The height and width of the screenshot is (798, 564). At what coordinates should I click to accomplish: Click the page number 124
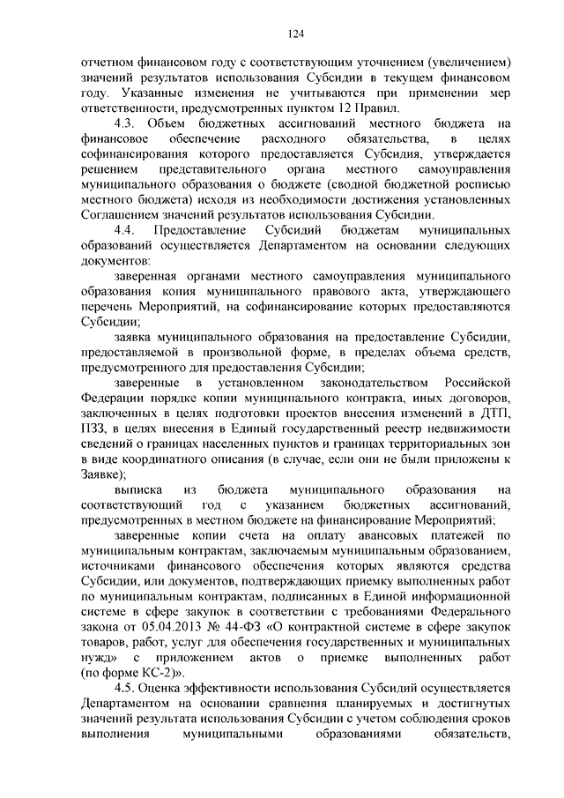pos(295,34)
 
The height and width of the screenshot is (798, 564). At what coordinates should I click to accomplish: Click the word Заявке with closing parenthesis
pos(101,474)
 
